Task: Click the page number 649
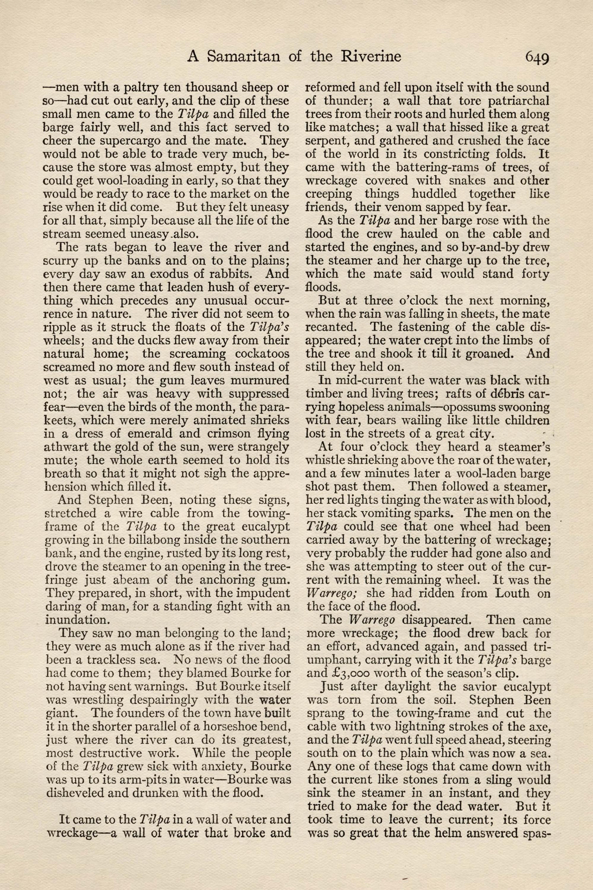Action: pyautogui.click(x=536, y=58)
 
